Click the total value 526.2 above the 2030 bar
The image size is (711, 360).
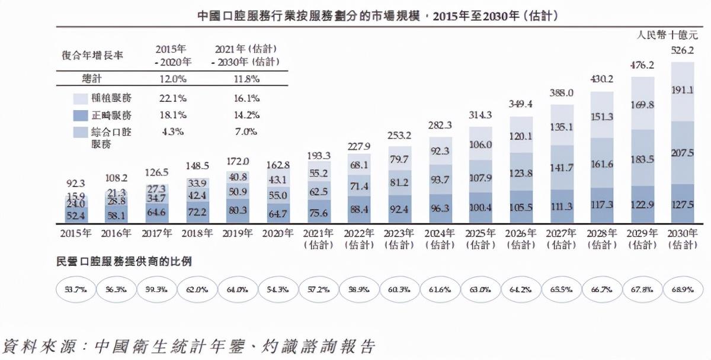tap(682, 51)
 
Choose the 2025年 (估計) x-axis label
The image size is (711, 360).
tap(480, 239)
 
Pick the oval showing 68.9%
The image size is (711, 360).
tap(682, 291)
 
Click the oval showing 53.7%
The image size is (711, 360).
tap(76, 291)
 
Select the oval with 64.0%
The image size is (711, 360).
tap(238, 291)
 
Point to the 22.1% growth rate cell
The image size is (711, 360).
tap(173, 98)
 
